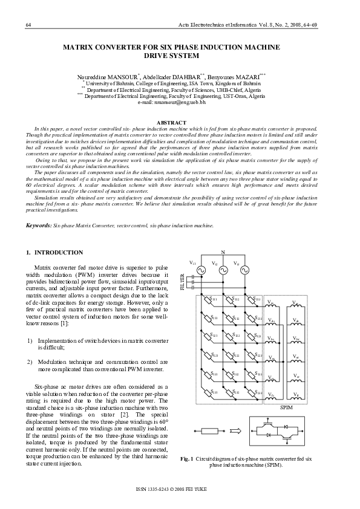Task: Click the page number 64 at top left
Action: (28, 24)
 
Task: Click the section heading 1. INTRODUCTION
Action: (54, 252)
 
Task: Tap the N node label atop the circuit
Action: (223, 251)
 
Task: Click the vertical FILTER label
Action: (182, 282)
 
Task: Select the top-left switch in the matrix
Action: (208, 299)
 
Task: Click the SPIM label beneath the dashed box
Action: (287, 408)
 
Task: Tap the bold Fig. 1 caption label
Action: (187, 459)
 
